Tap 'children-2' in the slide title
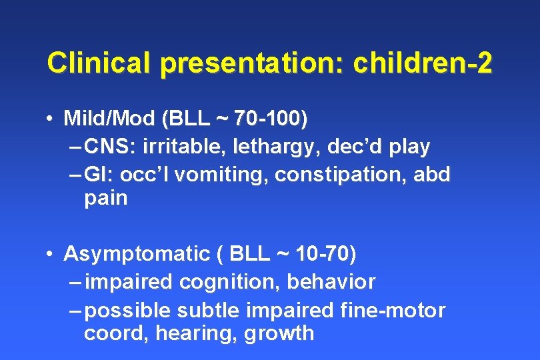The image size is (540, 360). coord(423,63)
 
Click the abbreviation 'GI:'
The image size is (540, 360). coord(101,174)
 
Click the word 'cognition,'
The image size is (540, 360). coord(230,282)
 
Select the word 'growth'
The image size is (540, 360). coord(279,333)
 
